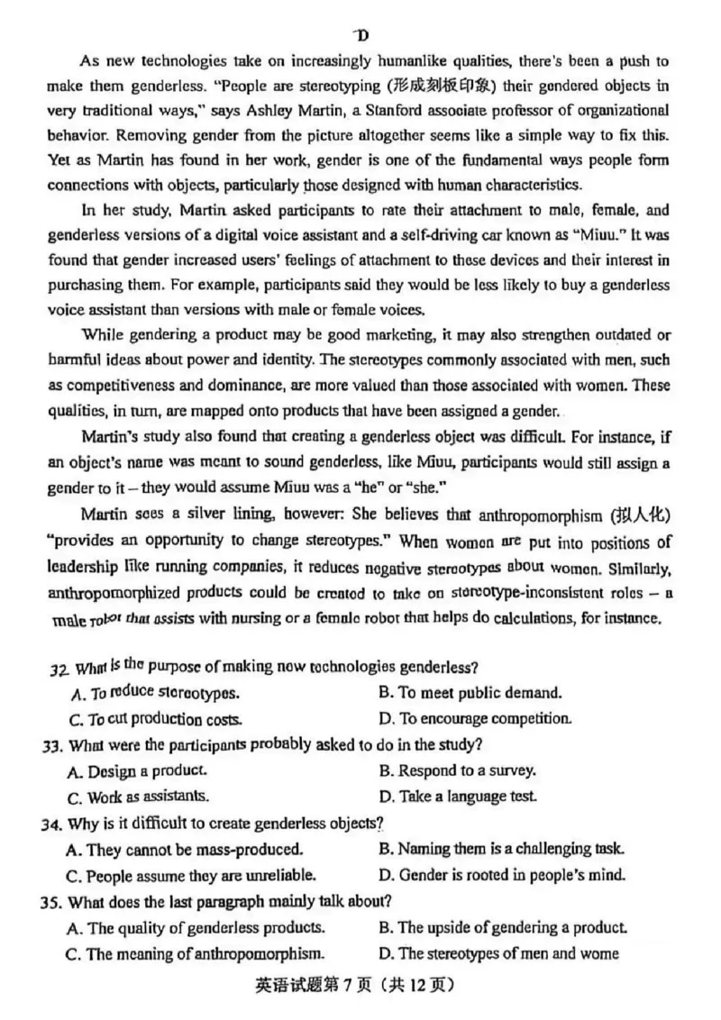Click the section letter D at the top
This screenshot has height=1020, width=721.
click(x=361, y=35)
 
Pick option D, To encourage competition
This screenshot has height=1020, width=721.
click(x=475, y=719)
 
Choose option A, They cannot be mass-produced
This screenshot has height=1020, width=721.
click(x=185, y=849)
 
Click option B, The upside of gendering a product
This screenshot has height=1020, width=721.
click(x=503, y=926)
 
